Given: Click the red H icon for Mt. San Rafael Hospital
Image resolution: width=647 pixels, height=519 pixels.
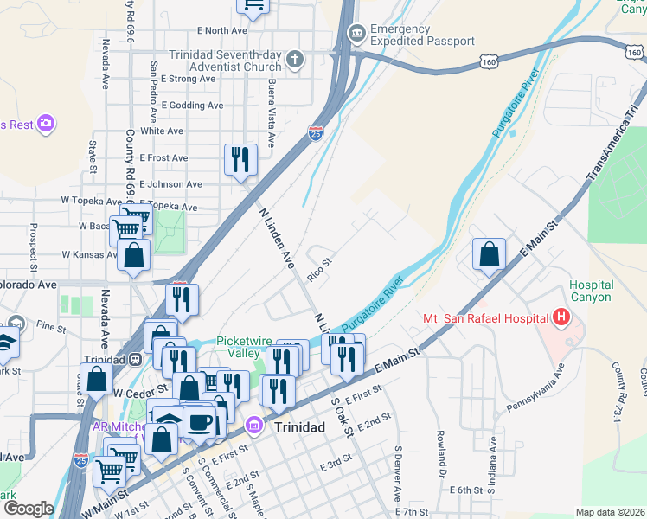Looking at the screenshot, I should click(561, 317).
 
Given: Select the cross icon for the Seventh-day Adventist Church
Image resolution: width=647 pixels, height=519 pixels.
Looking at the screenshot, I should click(295, 60).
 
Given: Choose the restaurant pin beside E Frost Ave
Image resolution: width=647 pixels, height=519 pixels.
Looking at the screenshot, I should click(240, 159).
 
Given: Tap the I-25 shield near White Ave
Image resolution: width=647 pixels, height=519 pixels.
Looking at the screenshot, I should click(316, 133).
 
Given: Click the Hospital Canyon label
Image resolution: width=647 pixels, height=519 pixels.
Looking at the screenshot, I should click(592, 291).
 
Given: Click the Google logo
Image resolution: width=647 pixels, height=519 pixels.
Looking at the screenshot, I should click(29, 509).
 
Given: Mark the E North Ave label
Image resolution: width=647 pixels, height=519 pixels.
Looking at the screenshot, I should click(198, 30).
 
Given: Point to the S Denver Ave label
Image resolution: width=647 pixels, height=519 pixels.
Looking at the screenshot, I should click(399, 474).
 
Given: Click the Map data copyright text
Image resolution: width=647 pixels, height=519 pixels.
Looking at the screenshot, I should click(610, 512).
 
